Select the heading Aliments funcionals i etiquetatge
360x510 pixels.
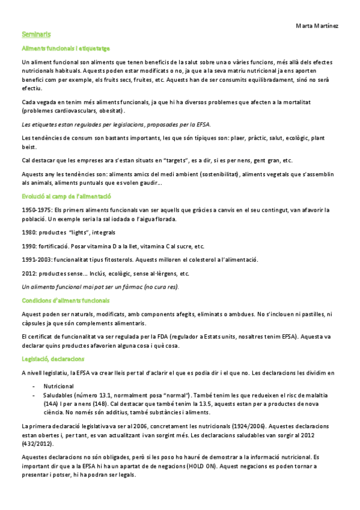pyautogui.click(x=65, y=48)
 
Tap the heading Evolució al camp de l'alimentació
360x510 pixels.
pyautogui.click(x=66, y=197)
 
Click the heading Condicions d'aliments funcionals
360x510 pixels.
pyautogui.click(x=66, y=300)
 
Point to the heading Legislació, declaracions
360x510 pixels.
pyautogui.click(x=53, y=358)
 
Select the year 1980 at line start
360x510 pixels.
pyautogui.click(x=28, y=232)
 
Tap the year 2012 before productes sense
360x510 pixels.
pyautogui.click(x=28, y=274)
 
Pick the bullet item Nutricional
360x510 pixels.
pyautogui.click(x=58, y=386)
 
